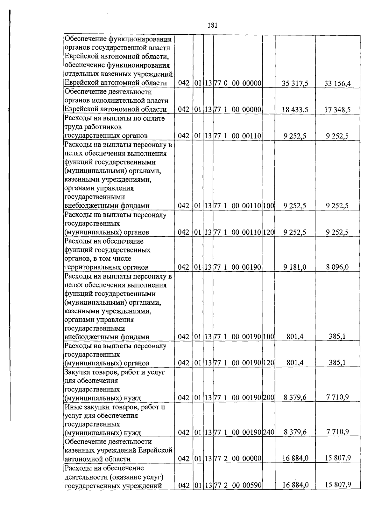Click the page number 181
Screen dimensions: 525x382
pyautogui.click(x=212, y=25)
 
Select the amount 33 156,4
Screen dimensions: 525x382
pyautogui.click(x=337, y=84)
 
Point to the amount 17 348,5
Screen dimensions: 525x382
pyautogui.click(x=337, y=110)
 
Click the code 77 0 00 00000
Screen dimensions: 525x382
pyautogui.click(x=237, y=84)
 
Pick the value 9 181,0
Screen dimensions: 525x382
pyautogui.click(x=295, y=267)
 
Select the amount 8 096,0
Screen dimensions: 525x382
pyautogui.click(x=337, y=267)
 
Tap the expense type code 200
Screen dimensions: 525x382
pyautogui.click(x=269, y=397)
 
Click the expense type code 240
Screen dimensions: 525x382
pyautogui.click(x=269, y=432)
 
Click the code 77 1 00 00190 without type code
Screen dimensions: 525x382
pyautogui.click(x=237, y=267)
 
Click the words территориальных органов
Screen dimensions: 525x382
pyautogui.click(x=106, y=267)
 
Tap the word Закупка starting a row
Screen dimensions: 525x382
pyautogui.click(x=77, y=372)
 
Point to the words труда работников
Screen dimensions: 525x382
pyautogui.click(x=93, y=127)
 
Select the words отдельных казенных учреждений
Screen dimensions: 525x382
pyautogui.click(x=118, y=74)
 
